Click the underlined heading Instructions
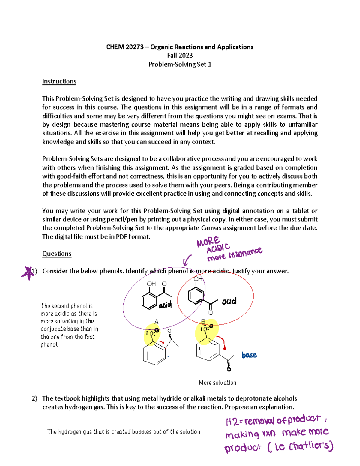pyautogui.click(x=59, y=81)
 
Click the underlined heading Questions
pyautogui.click(x=57, y=254)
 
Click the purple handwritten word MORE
pyautogui.click(x=208, y=241)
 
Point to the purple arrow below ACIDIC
pyautogui.click(x=187, y=260)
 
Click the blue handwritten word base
pyautogui.click(x=249, y=355)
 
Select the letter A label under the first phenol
pyautogui.click(x=156, y=322)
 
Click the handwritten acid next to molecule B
pyautogui.click(x=229, y=301)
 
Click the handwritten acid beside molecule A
pyautogui.click(x=165, y=305)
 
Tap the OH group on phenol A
pyautogui.click(x=151, y=284)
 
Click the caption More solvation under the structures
pyautogui.click(x=217, y=383)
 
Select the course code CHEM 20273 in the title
pyautogui.click(x=125, y=47)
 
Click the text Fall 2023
pyautogui.click(x=180, y=55)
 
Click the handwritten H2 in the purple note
pyautogui.click(x=232, y=422)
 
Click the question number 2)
pyautogui.click(x=34, y=398)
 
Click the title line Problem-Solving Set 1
pyautogui.click(x=180, y=64)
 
